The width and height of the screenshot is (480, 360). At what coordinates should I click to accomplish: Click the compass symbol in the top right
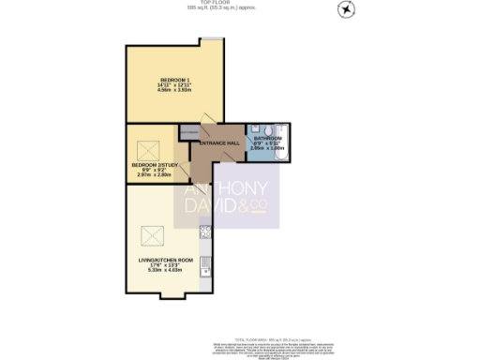coord(348,9)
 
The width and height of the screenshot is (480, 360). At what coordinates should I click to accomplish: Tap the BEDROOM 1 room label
coord(174,79)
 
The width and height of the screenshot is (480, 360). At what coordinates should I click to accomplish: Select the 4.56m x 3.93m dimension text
coord(174,91)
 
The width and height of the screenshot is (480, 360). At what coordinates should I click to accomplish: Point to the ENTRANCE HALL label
coord(220,142)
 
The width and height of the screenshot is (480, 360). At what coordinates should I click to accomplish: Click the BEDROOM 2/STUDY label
coord(152,164)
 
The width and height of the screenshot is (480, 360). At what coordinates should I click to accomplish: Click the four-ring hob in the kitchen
coord(205,232)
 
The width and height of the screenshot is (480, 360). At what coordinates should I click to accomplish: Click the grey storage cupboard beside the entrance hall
coord(188,133)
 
